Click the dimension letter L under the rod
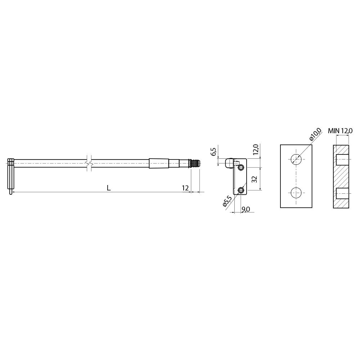109,188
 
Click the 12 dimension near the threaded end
185,188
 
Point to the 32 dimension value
254,179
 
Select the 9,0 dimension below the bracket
246,209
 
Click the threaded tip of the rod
195,163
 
